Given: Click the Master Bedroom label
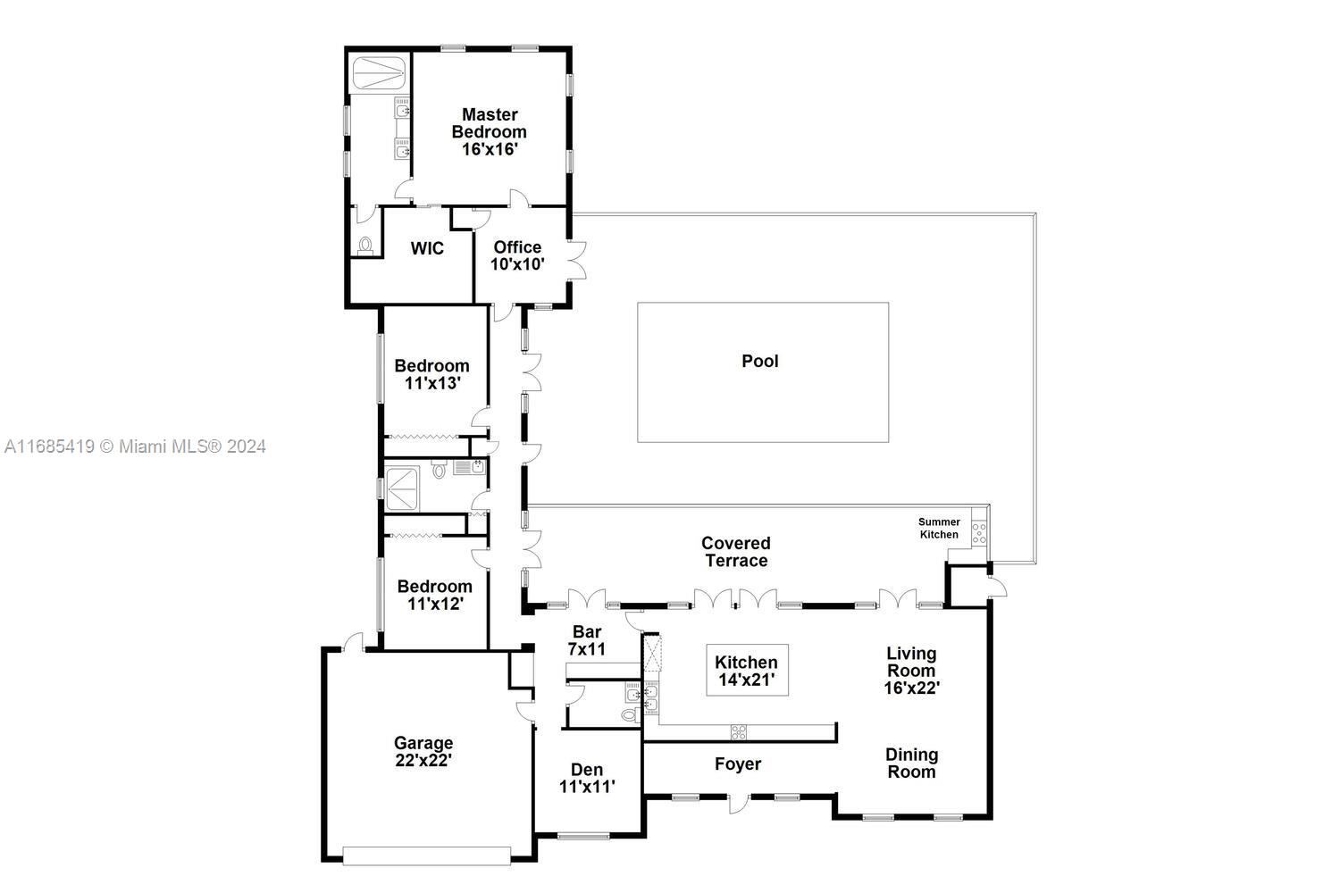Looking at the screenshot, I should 489,132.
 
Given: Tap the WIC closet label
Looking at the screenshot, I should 427,248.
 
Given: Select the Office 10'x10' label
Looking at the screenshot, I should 517,255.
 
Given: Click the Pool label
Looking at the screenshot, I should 760,361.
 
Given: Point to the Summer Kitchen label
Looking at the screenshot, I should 939,528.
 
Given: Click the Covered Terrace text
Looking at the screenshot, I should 736,552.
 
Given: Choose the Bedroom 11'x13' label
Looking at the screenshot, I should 431,374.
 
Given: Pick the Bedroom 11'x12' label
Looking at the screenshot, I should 434,595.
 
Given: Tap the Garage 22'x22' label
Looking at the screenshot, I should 423,751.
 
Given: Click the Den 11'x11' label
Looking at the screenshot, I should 587,778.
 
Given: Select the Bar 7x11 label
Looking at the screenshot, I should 586,640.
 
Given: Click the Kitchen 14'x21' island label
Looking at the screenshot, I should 747,671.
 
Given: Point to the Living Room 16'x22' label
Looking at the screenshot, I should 911,670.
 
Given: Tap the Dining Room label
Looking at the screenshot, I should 911,764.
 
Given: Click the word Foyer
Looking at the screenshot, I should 738,764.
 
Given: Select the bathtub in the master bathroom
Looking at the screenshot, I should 379,73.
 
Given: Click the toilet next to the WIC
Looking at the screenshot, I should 364,245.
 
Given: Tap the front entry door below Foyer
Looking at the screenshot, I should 738,803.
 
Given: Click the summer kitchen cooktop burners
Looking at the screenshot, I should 979,533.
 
